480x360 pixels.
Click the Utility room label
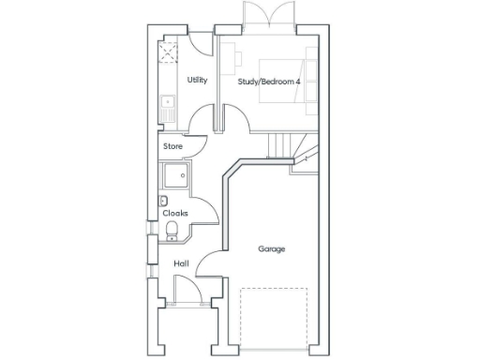pyautogui.click(x=197, y=81)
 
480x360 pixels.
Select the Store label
pyautogui.click(x=172, y=147)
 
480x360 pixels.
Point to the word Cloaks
pyautogui.click(x=175, y=213)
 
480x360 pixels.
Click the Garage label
pyautogui.click(x=272, y=248)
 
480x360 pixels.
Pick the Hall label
pyautogui.click(x=181, y=263)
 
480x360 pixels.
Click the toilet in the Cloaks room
pyautogui.click(x=172, y=232)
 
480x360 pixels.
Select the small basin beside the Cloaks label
pyautogui.click(x=164, y=201)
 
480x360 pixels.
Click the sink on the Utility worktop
pyautogui.click(x=167, y=102)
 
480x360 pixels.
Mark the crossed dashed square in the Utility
pyautogui.click(x=169, y=52)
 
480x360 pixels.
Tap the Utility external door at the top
pyautogui.click(x=199, y=42)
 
